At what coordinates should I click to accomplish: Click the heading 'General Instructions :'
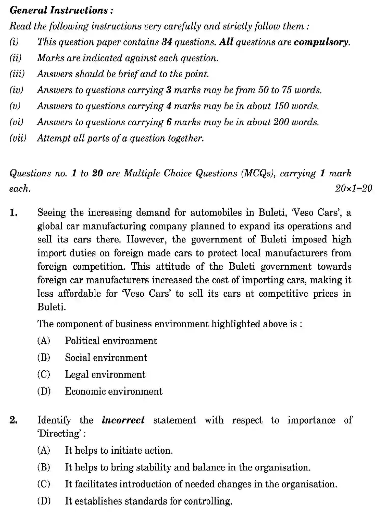(x=61, y=10)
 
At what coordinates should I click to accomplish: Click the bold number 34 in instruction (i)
(x=167, y=42)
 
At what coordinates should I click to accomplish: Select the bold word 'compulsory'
(x=321, y=42)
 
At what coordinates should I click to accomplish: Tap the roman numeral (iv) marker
(x=17, y=90)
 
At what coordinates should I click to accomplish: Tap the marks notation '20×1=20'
(x=353, y=188)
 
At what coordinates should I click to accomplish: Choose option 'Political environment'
(x=111, y=341)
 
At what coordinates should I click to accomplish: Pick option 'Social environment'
(x=106, y=357)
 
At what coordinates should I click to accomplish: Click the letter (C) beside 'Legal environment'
(x=44, y=374)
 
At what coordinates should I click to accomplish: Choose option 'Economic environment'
(x=114, y=391)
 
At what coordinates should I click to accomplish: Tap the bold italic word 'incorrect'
(x=123, y=420)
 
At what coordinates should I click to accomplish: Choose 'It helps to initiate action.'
(x=119, y=450)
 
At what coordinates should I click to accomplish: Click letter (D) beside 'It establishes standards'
(x=44, y=501)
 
